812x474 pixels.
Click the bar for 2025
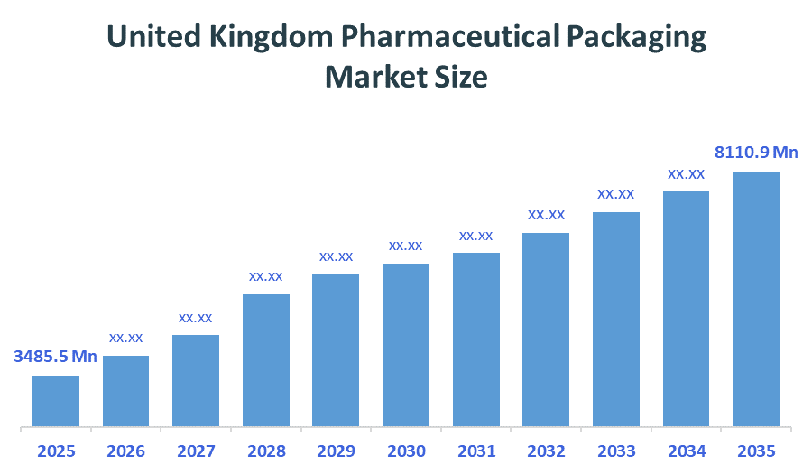pos(56,400)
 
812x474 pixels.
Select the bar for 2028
pos(266,359)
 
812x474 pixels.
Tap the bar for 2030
pos(406,344)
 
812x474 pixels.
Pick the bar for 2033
pos(616,319)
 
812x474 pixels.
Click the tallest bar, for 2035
pos(756,298)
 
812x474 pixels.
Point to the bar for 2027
pos(196,380)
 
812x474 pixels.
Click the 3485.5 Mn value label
pos(56,357)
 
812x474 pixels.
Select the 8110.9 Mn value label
pos(757,153)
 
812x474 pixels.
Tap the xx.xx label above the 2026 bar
pos(126,338)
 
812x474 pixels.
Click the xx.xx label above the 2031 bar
pos(475,236)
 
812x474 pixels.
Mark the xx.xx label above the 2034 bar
pos(686,173)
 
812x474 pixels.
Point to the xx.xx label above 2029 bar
pos(336,256)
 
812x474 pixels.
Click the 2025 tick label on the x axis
pos(56,451)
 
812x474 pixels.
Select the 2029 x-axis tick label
pos(336,451)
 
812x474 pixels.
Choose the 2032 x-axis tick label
pos(546,451)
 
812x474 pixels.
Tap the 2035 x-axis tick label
pos(756,451)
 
